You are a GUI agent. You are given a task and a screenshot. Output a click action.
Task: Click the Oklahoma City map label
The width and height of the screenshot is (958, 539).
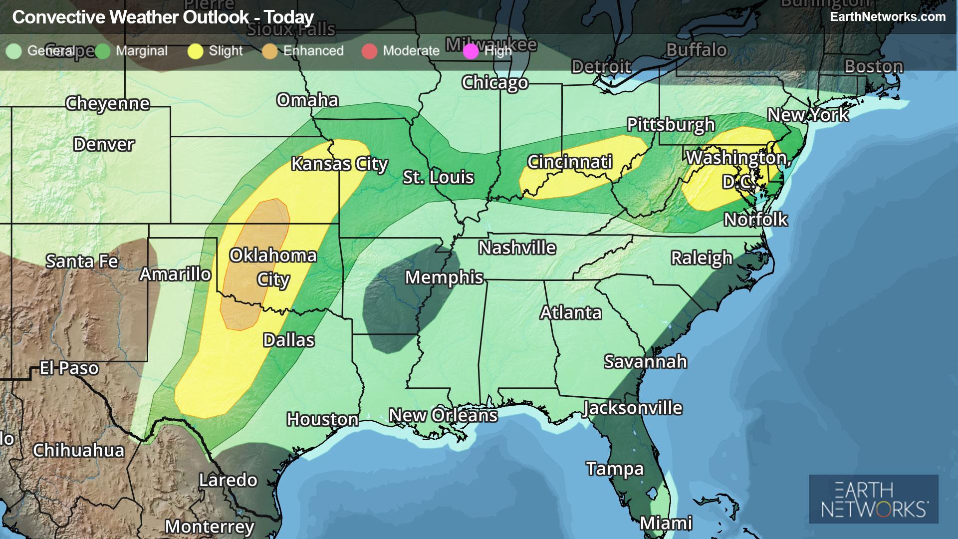[x=273, y=267]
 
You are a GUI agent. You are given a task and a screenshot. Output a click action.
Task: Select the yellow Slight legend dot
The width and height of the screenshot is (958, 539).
[x=196, y=51]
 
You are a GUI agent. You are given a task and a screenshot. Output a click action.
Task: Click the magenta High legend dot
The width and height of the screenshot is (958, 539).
[x=471, y=51]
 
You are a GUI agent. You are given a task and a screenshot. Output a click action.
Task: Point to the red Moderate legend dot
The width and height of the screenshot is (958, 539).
[x=369, y=51]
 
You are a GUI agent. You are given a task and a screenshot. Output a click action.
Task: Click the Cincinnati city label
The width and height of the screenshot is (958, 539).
[x=570, y=162]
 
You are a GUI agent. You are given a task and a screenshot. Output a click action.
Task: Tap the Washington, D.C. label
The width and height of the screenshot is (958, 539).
[x=737, y=169]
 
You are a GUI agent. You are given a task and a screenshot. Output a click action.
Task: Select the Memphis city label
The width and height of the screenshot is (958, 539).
[x=444, y=277]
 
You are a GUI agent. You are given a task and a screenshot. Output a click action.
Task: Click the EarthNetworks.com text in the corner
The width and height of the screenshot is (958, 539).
[x=888, y=16]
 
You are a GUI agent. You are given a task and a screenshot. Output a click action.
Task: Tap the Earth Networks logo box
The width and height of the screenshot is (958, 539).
[x=874, y=499]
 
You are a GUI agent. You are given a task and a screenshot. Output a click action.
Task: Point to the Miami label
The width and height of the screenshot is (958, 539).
[x=666, y=523]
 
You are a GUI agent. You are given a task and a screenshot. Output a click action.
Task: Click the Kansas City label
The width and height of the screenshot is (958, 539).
[x=339, y=164]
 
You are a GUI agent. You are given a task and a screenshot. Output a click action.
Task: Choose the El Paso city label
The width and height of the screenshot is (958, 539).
[x=69, y=368]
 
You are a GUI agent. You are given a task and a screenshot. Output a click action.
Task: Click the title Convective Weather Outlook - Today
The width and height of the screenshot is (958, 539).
[x=163, y=17]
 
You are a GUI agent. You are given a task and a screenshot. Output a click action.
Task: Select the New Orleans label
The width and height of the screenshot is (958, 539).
[x=443, y=415]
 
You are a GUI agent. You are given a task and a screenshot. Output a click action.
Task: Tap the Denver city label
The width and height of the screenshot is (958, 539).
[x=104, y=145]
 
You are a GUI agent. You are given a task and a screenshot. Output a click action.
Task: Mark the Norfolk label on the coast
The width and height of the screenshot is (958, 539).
[x=755, y=219]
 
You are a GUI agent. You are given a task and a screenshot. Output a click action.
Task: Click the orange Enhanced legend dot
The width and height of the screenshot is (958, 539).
[x=270, y=51]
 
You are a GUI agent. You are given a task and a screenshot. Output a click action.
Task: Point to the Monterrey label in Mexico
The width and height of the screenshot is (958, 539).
[x=210, y=526]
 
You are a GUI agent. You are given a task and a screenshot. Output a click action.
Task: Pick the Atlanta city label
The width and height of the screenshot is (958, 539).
[x=571, y=313]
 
